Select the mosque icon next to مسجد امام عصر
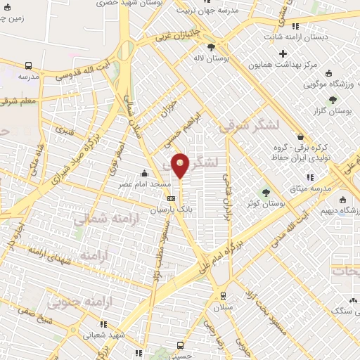pos(144,173)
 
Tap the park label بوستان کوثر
pos(266,203)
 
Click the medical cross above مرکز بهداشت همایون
pos(283,54)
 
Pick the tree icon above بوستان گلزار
pos(331,100)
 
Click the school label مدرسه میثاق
pos(311,189)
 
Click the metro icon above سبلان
pos(222,295)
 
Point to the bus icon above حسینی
pos(180,346)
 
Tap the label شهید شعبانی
pos(103,336)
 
